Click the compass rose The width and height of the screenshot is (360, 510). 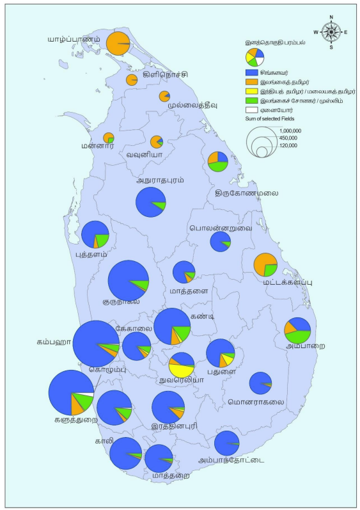coord(331,31)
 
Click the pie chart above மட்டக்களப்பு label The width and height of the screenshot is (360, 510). coord(265,264)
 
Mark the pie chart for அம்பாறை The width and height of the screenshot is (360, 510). coord(297,330)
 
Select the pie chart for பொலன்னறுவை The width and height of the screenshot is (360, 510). coord(221,241)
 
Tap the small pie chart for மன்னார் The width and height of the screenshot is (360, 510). coord(109,138)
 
